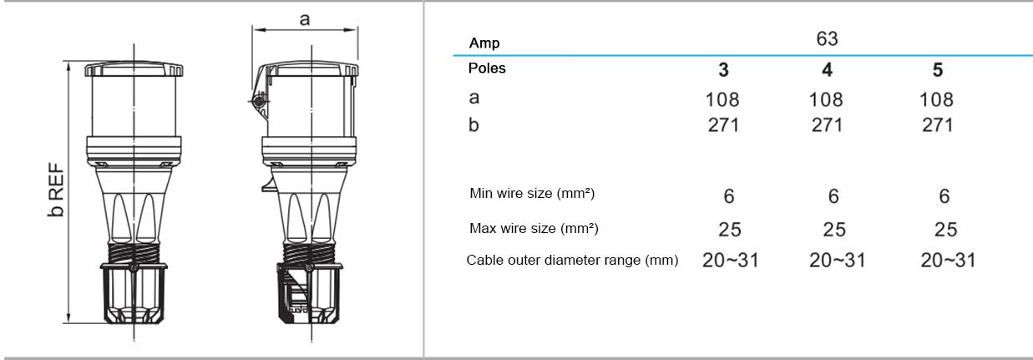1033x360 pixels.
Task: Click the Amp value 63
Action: click(827, 38)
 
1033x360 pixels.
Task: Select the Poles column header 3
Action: click(723, 69)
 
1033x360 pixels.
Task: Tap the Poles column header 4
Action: click(827, 69)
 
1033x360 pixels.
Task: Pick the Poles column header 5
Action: click(938, 69)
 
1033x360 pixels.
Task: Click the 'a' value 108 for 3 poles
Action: click(722, 99)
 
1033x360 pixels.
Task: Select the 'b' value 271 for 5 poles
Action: click(937, 125)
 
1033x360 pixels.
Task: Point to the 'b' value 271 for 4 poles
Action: click(827, 125)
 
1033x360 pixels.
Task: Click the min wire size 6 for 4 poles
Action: click(833, 196)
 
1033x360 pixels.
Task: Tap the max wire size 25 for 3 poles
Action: click(730, 230)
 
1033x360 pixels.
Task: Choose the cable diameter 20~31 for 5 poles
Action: click(948, 261)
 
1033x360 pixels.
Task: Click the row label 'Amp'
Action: click(484, 43)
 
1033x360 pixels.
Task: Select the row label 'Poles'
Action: click(487, 68)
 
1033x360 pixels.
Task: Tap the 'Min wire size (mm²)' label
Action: click(532, 193)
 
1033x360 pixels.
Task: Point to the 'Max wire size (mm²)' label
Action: click(534, 228)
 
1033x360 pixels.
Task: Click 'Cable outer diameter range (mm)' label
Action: click(572, 260)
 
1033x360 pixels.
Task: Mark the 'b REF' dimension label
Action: click(56, 190)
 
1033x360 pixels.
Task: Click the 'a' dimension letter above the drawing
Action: click(305, 19)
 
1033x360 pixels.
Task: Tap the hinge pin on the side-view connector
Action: click(259, 100)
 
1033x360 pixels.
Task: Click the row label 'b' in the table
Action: click(473, 124)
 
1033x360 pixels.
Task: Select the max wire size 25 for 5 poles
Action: click(945, 230)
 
